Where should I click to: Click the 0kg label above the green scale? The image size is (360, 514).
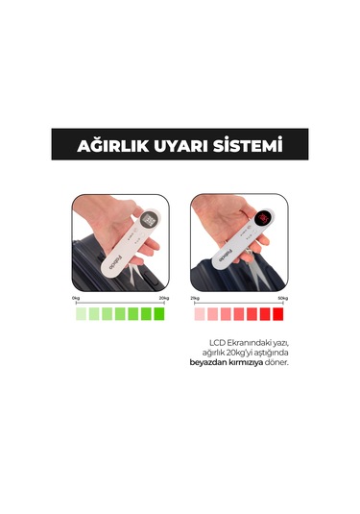pos(78,300)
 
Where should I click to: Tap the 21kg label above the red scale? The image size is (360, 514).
pos(195,300)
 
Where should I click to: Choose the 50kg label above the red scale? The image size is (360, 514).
pos(281,300)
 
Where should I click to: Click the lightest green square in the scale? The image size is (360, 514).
pos(82,314)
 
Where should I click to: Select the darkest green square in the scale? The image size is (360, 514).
pos(159,314)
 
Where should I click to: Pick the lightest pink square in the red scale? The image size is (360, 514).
pos(200,314)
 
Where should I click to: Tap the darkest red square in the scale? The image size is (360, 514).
pos(278,314)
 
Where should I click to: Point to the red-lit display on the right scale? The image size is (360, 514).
pos(261,221)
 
